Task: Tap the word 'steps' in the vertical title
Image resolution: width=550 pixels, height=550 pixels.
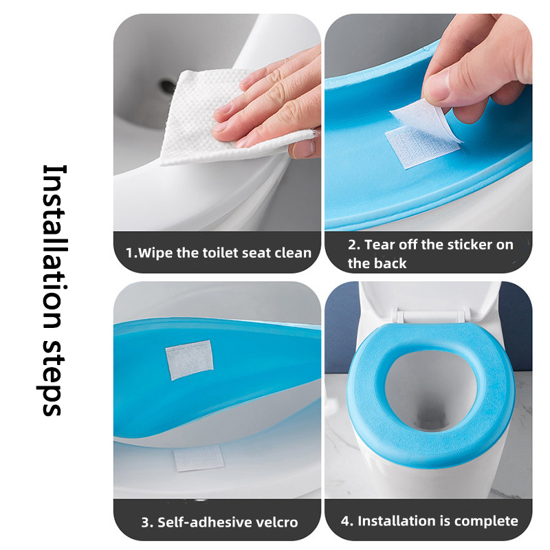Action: click(51, 380)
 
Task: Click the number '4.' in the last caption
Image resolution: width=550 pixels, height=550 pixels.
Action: click(347, 521)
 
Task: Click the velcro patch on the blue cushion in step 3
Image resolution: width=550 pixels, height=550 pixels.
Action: click(190, 360)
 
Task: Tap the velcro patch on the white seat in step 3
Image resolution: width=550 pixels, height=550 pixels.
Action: click(199, 459)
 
